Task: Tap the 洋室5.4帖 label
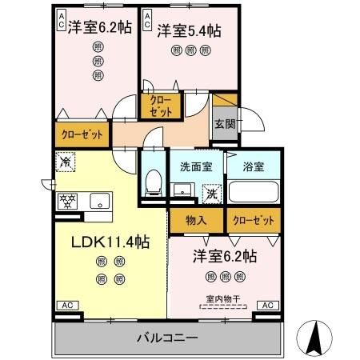pyautogui.click(x=189, y=30)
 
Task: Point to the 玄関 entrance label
pyautogui.click(x=225, y=124)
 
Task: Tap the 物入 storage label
pyautogui.click(x=190, y=219)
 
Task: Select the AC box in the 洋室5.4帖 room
pyautogui.click(x=147, y=20)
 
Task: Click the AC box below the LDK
pyautogui.click(x=67, y=305)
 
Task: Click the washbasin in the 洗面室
pyautogui.click(x=183, y=190)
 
